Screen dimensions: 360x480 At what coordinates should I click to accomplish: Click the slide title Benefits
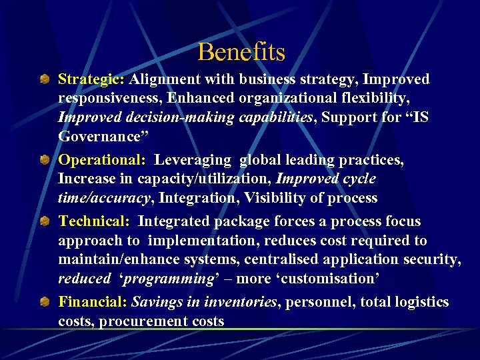coord(241,52)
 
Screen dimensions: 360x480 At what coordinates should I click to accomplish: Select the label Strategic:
coord(91,80)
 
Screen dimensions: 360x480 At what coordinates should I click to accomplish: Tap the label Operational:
coord(102,161)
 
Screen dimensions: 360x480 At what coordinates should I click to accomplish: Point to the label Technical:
coord(95,221)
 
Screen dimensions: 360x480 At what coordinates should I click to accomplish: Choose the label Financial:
coord(93,302)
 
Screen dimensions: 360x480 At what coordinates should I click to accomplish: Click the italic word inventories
coord(240,302)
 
